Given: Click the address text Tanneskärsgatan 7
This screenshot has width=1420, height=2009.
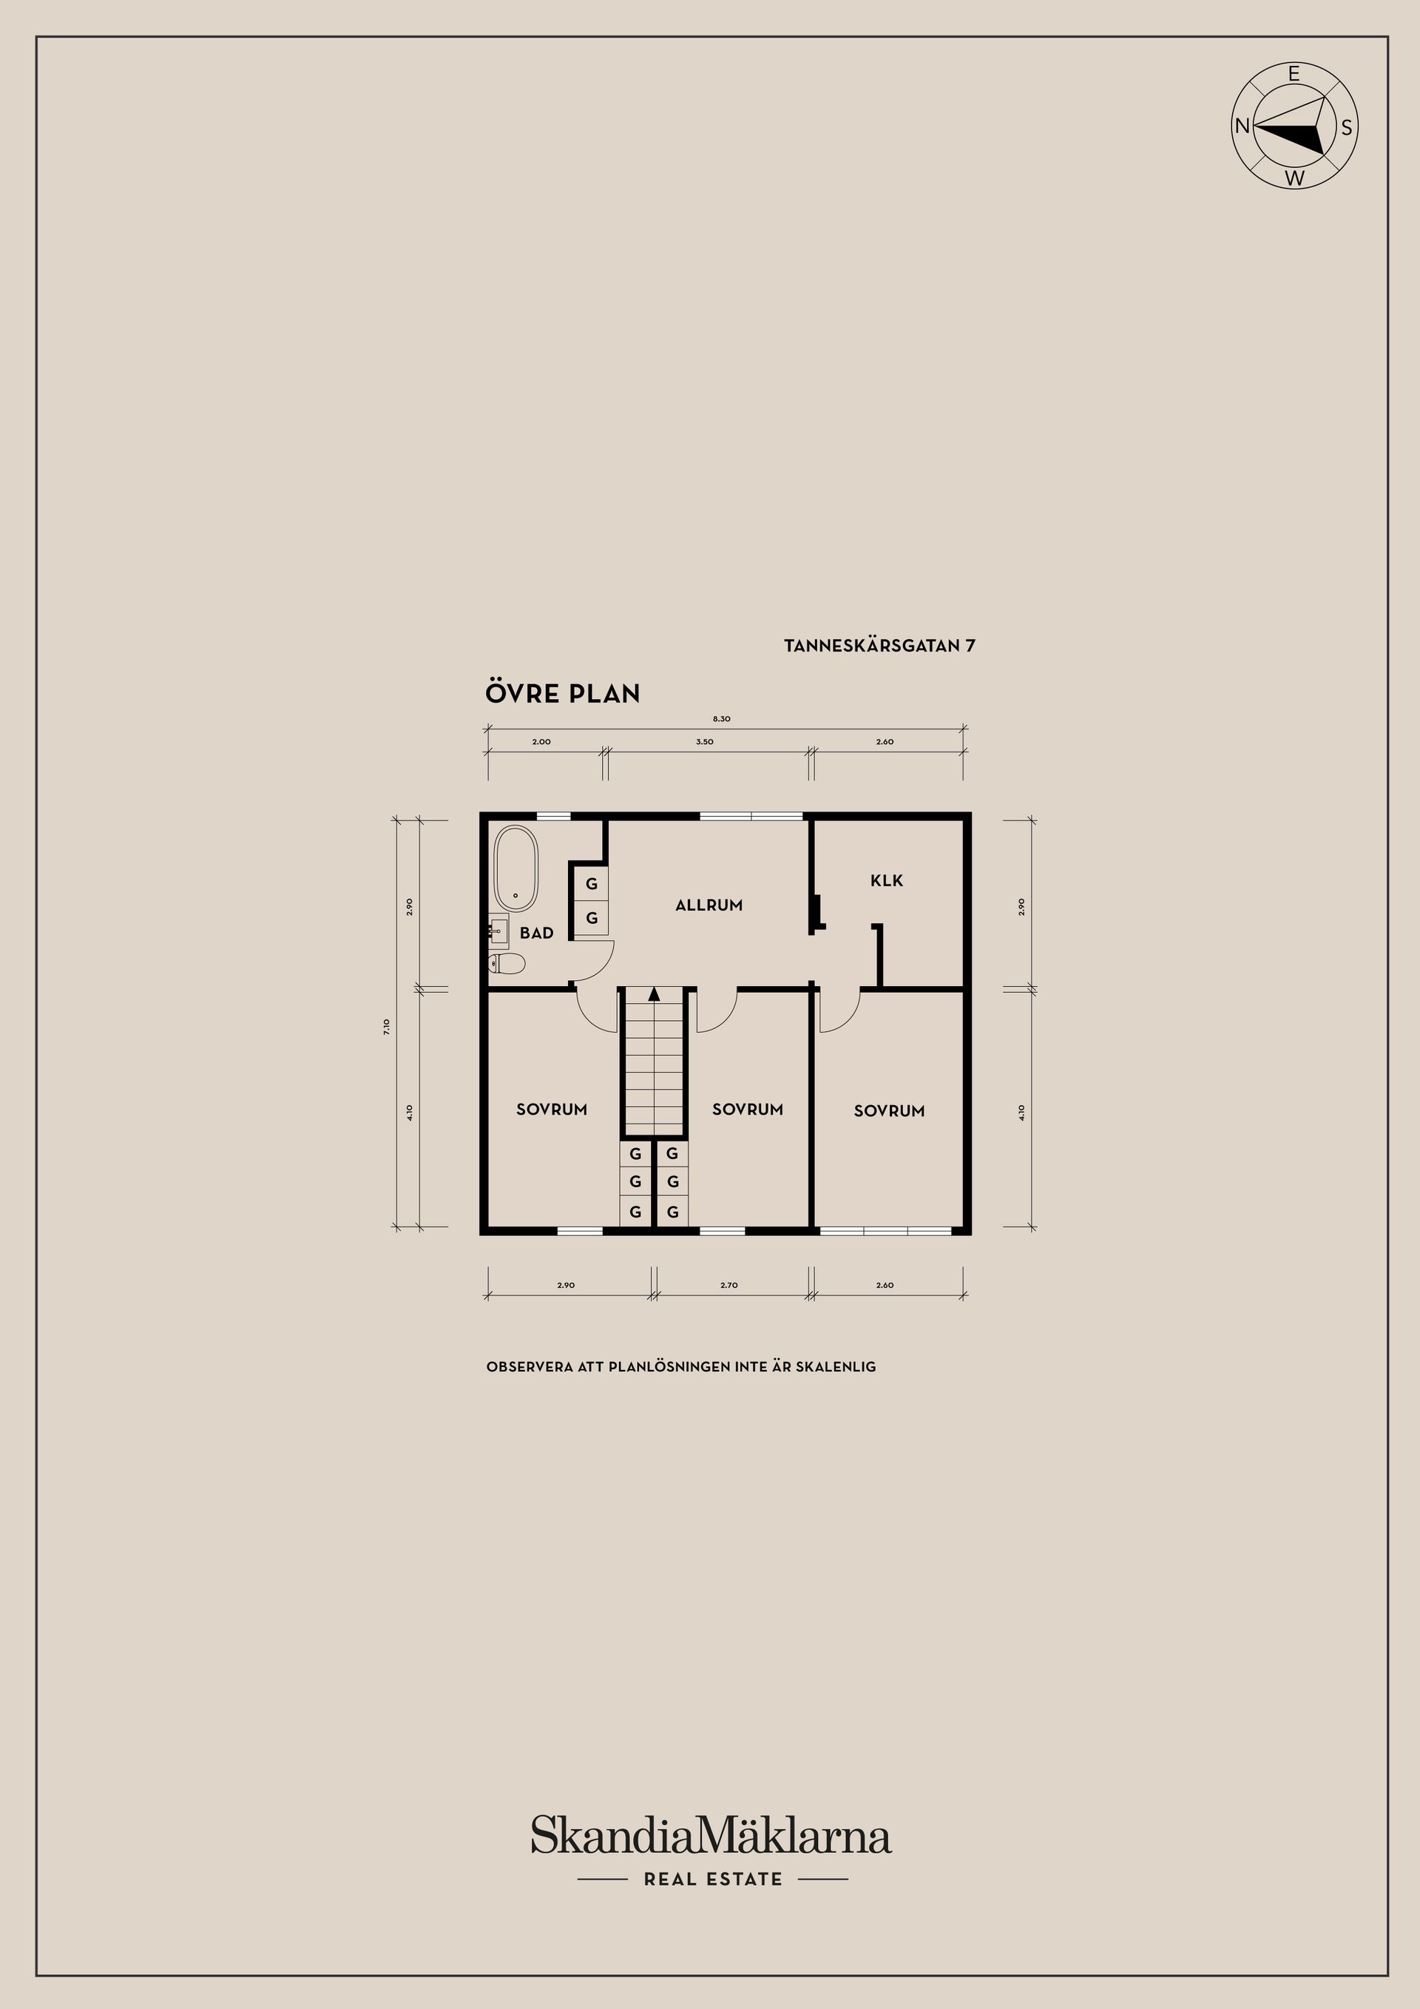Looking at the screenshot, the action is (879, 646).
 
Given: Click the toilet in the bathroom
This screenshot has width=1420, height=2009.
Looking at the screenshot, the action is (507, 963).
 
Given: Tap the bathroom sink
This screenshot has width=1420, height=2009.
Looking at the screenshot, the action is (498, 932).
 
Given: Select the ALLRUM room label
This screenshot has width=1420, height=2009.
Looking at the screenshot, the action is (709, 905).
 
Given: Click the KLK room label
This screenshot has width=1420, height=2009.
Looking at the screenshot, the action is (886, 880).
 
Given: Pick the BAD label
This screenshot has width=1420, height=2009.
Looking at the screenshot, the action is (536, 933).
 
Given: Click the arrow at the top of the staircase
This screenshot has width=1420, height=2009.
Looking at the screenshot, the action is (653, 993).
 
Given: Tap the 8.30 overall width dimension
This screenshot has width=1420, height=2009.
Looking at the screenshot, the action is (721, 718).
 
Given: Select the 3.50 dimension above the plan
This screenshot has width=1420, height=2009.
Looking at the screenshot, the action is (704, 741).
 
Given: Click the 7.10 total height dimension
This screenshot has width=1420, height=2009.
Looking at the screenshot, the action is (387, 1027).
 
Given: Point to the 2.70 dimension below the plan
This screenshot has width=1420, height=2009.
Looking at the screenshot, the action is (728, 1286).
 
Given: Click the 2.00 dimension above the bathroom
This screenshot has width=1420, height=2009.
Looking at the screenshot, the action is (541, 741).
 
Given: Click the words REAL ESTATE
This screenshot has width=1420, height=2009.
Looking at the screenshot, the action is (713, 1879).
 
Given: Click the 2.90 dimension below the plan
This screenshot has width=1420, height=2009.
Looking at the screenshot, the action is (566, 1286).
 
